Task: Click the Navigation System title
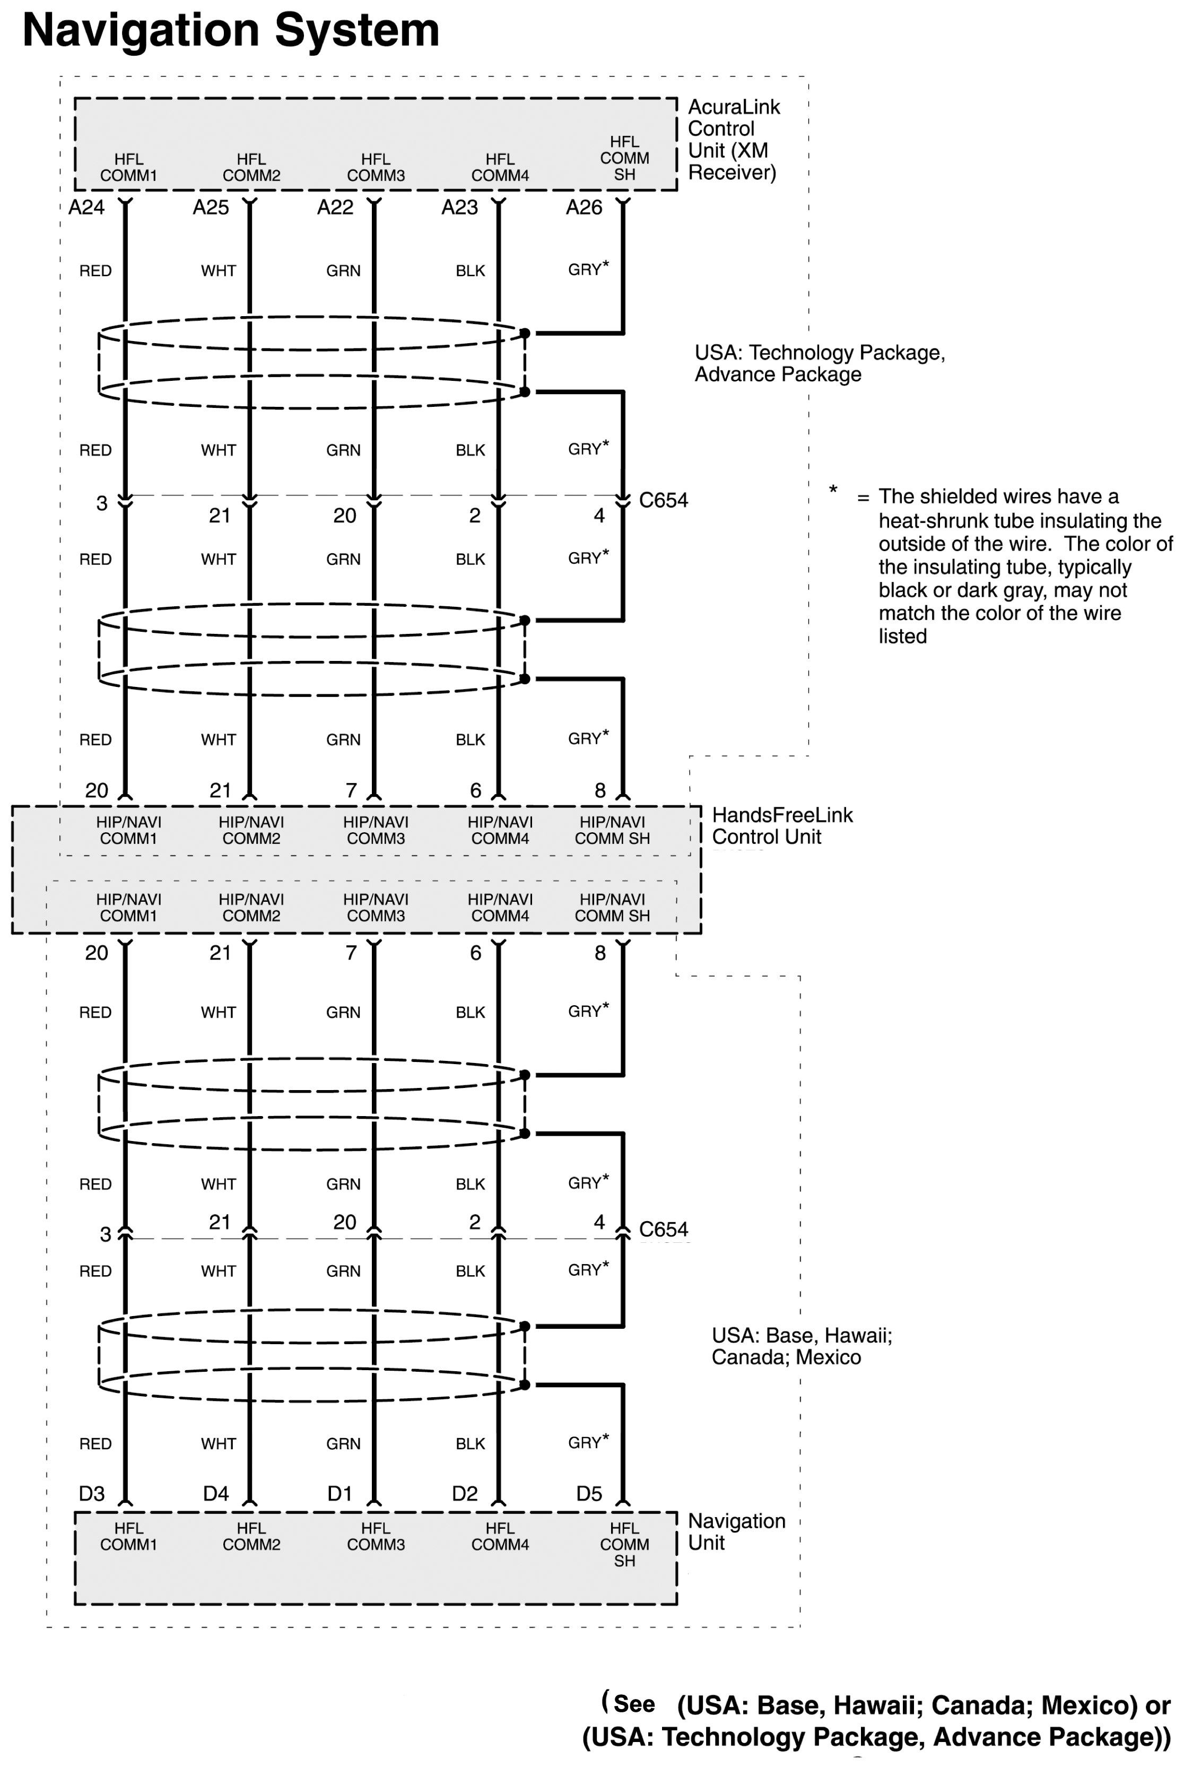(231, 31)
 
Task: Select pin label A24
(86, 207)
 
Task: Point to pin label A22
(335, 207)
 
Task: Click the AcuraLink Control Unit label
(733, 140)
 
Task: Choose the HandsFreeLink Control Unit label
(782, 826)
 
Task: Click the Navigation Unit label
(736, 1532)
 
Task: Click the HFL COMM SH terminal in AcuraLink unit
(624, 158)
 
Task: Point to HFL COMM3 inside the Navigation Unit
(376, 1536)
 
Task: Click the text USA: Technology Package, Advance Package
(819, 363)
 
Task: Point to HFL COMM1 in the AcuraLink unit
(128, 168)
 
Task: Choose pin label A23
(460, 207)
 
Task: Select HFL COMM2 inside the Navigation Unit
(251, 1536)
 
